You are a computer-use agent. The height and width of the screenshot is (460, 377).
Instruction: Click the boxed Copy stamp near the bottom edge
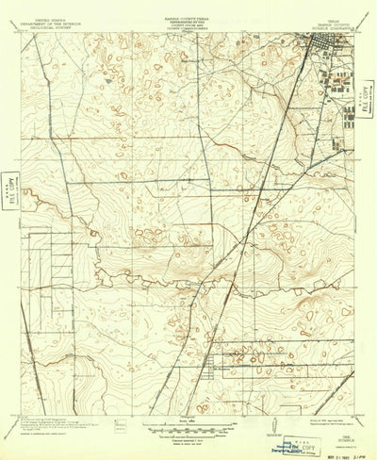[x=305, y=424]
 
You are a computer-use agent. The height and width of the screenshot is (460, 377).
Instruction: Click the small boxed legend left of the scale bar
[x=120, y=426]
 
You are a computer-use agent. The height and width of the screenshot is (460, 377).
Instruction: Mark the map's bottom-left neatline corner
[x=23, y=408]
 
